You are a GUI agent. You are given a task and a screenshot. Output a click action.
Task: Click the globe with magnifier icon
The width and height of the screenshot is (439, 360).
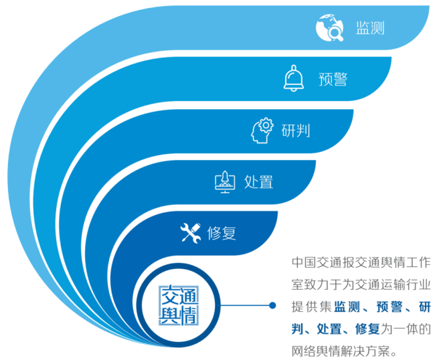[x=329, y=27]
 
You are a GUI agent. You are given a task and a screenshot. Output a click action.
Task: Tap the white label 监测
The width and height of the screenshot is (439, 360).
[x=370, y=28]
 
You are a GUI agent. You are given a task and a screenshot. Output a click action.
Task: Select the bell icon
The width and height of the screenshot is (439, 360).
[x=294, y=78]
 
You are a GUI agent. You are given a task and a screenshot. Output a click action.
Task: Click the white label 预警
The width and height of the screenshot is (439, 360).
[x=333, y=79]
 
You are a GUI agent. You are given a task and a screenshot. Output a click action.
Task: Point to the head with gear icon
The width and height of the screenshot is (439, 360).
[x=262, y=130]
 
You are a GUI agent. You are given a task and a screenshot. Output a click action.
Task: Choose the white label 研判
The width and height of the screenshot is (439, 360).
[x=296, y=130]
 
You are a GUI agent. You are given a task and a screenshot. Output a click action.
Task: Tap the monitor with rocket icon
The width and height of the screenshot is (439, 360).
[x=225, y=182]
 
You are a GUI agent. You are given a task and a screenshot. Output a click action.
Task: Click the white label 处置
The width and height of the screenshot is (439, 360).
[x=258, y=182]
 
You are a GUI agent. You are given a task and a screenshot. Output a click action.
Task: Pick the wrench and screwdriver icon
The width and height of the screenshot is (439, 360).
[x=191, y=233]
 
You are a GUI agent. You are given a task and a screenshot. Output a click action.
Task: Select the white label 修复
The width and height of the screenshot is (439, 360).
[x=222, y=233]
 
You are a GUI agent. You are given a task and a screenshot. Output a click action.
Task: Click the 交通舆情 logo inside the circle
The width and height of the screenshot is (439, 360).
[x=179, y=305]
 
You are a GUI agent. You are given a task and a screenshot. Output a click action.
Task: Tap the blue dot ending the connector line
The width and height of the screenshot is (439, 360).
[x=272, y=305]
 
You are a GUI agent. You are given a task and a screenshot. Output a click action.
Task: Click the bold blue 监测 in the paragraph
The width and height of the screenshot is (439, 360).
[x=347, y=307]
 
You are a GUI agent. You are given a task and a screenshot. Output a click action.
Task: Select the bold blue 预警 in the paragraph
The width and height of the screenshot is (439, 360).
[x=389, y=307]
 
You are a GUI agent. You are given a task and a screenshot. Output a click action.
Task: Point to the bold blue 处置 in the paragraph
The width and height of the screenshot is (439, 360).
[x=329, y=329]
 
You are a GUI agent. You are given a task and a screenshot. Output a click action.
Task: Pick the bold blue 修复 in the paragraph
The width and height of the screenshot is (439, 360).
[x=367, y=329]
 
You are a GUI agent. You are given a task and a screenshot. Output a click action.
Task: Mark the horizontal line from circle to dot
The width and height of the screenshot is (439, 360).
[x=244, y=305]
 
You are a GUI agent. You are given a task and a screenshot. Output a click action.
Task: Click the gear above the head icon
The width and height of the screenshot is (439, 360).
[x=266, y=125]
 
